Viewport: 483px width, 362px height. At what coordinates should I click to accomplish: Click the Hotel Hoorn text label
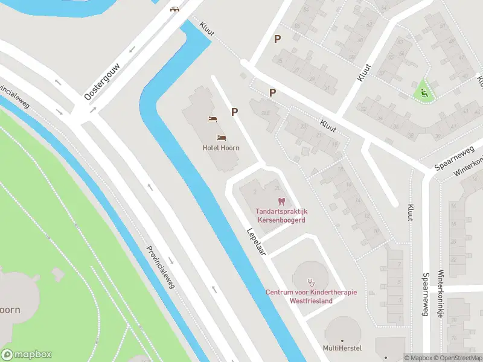coord(221,148)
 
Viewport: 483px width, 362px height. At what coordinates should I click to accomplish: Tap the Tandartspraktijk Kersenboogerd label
coord(281,215)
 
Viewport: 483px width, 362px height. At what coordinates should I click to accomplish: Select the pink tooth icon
coord(281,201)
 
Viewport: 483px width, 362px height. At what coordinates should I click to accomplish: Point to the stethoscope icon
coord(312,281)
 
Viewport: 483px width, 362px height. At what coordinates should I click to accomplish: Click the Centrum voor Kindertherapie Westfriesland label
coord(311,296)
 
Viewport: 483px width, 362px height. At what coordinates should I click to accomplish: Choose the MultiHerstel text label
coord(342,349)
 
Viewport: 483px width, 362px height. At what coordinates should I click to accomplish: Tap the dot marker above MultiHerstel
coord(342,340)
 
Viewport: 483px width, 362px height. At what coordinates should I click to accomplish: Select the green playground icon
coord(424,93)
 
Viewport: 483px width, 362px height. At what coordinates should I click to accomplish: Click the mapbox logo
coord(26,355)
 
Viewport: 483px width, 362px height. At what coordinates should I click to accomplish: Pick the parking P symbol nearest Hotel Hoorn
coord(234,112)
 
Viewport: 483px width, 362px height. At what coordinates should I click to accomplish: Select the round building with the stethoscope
coord(312,277)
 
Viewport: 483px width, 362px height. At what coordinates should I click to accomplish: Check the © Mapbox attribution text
coord(418,358)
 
